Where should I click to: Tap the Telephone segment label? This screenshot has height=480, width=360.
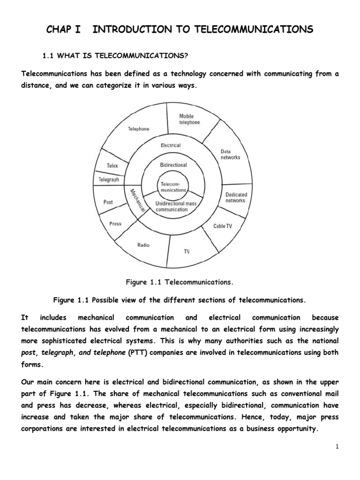click(139, 128)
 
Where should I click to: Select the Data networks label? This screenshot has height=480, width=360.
click(230, 154)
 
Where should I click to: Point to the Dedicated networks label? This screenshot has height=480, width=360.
click(236, 197)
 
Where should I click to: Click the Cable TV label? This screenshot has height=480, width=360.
click(223, 226)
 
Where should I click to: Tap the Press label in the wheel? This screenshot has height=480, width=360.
click(115, 224)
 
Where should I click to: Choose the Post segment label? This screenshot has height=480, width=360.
click(108, 202)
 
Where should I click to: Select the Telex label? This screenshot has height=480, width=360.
click(112, 165)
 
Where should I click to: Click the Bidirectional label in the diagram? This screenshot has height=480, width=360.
click(173, 165)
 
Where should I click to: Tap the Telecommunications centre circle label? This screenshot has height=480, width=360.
click(173, 187)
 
